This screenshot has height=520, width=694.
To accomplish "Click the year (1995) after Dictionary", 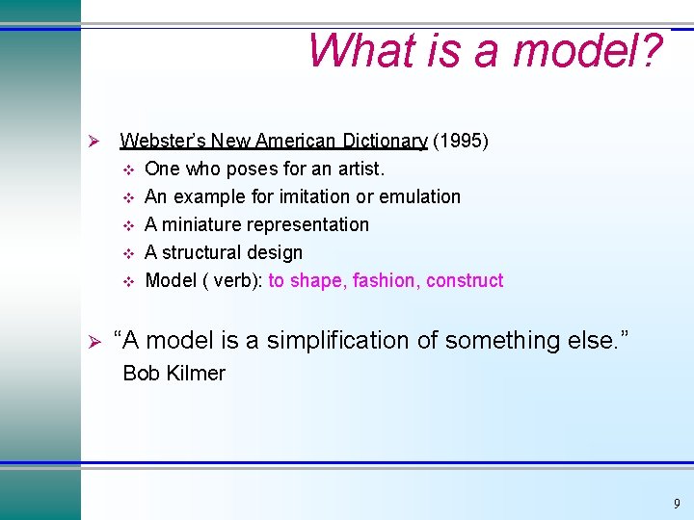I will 461,142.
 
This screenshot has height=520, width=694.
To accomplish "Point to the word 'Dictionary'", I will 379,142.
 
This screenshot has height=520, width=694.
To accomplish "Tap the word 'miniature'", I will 202,224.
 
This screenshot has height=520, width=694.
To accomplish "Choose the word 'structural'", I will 202,252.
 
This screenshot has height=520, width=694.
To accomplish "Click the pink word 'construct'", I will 465,280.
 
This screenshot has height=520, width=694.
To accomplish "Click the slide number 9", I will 677,504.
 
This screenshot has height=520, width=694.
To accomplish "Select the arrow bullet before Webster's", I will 94,142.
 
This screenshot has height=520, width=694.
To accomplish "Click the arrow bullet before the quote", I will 94,341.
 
